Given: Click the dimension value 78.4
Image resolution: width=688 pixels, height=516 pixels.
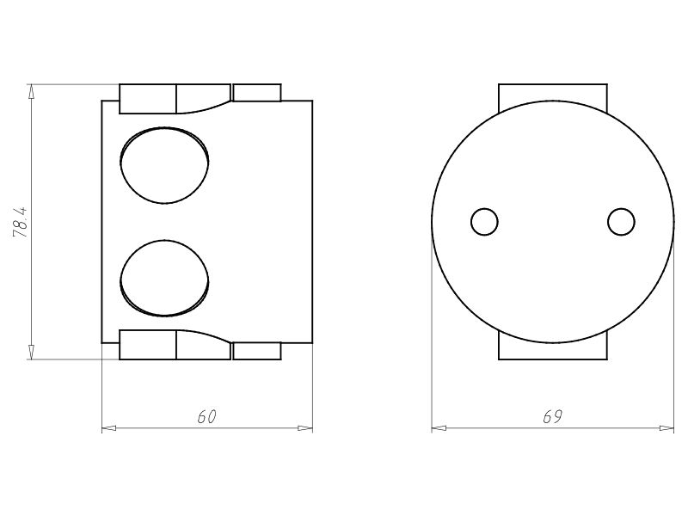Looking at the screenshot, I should [21, 222].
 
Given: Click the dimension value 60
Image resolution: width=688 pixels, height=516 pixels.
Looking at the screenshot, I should [206, 416].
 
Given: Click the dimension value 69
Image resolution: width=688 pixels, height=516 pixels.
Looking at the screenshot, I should [552, 416].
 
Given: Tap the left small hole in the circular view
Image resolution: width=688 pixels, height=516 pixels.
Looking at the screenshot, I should [484, 222].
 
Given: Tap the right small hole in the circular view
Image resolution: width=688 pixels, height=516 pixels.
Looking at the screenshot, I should [621, 222].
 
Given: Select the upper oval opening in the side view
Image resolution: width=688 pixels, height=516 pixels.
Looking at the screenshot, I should [164, 165].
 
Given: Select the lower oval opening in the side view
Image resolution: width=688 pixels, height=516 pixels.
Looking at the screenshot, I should [164, 279].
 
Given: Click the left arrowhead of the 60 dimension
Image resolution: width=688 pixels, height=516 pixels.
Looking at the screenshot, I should [108, 427].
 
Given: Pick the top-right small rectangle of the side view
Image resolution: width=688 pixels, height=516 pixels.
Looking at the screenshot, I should [256, 92].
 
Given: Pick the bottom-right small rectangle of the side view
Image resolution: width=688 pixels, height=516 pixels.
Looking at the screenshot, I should [256, 351].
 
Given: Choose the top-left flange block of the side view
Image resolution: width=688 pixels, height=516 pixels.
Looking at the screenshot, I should [147, 98].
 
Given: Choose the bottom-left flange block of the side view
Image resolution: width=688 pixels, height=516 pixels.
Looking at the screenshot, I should [147, 345].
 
